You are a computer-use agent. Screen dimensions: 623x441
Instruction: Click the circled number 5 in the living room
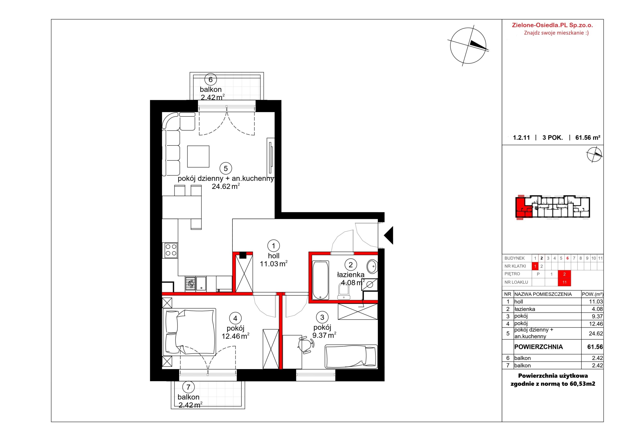point(226,168)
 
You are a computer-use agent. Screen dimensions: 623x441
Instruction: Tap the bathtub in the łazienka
point(321,280)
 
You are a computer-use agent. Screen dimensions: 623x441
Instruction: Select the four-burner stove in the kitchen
point(171,250)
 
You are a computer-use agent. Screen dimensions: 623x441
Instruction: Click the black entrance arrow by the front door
point(389,235)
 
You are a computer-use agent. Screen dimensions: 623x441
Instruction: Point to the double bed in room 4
point(189,332)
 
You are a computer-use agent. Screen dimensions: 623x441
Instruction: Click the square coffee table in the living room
point(198,156)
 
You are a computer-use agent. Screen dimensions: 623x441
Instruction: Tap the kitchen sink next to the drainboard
point(201,284)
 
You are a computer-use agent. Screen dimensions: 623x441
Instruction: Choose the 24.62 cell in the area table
point(596,333)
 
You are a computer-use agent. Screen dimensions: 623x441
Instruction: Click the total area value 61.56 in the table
point(595,347)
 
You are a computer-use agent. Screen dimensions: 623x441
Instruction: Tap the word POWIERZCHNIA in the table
point(539,347)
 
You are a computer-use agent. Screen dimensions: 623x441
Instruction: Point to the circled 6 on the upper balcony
point(211,80)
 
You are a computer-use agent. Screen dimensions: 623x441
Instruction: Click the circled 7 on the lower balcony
point(188,387)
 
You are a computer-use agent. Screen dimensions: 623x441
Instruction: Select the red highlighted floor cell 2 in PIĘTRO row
point(564,274)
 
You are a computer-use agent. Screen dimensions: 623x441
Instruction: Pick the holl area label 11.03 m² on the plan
point(274,264)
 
